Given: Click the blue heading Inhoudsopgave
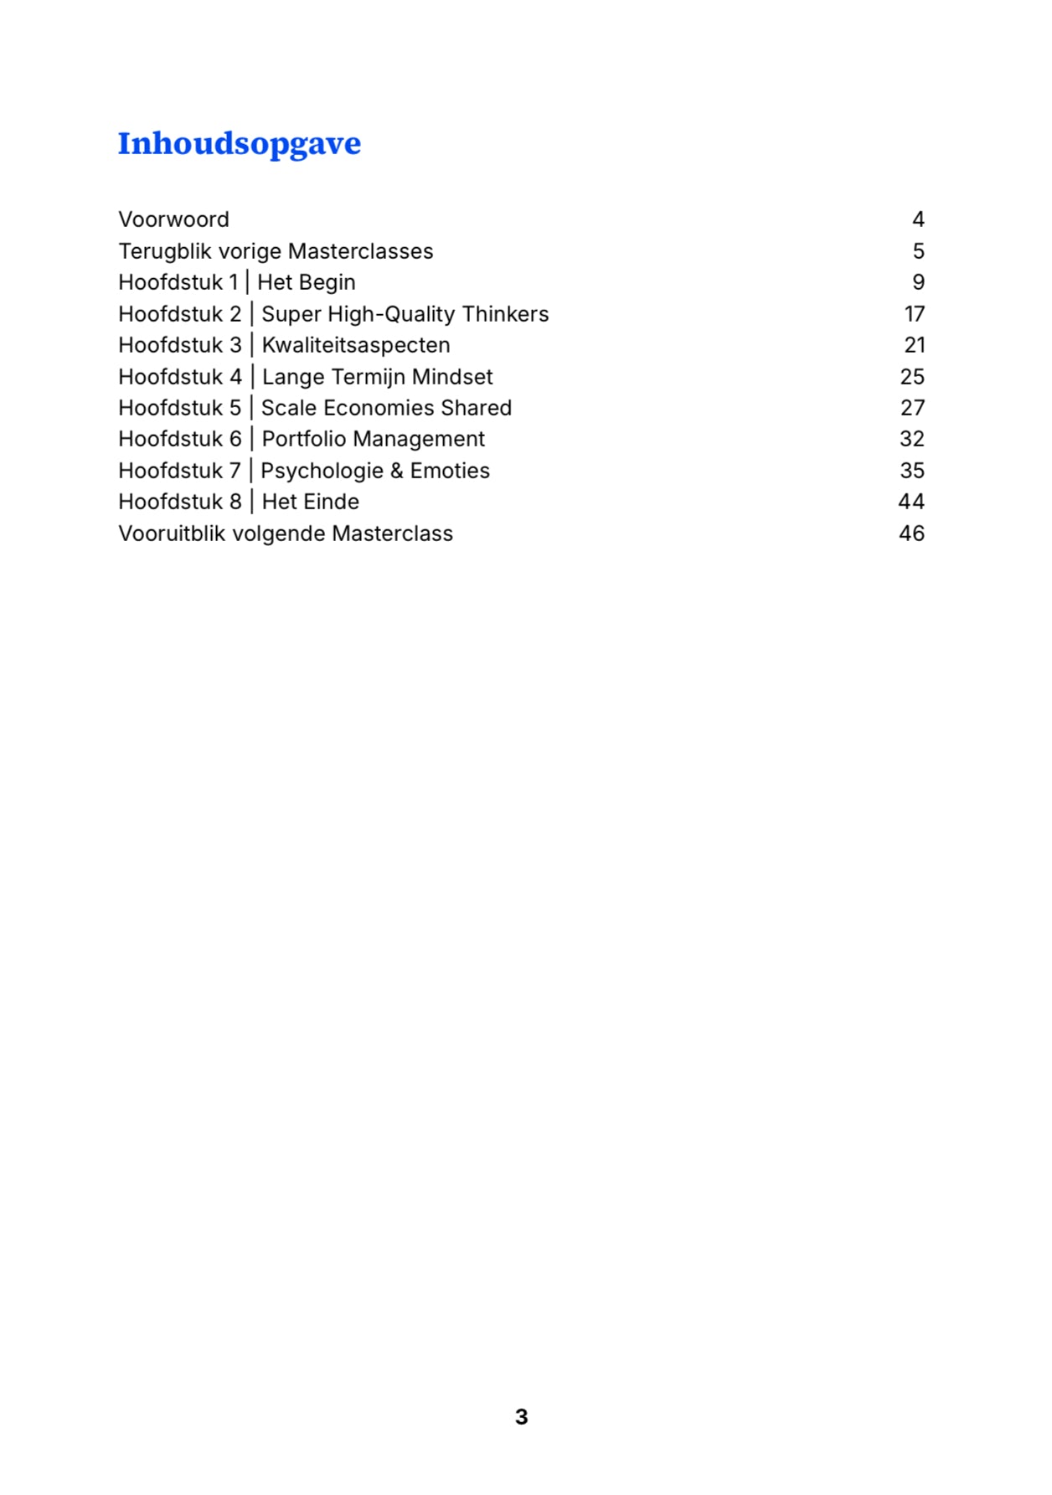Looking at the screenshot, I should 239,144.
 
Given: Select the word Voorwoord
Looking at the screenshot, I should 173,219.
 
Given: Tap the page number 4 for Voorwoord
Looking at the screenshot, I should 918,219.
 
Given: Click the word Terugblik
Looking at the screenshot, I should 165,251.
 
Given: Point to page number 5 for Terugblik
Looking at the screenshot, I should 918,251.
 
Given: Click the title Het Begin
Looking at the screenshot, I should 306,282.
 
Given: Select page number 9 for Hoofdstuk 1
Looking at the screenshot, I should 918,282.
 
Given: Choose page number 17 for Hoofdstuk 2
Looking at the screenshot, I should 914,314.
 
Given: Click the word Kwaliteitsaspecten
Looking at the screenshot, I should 356,345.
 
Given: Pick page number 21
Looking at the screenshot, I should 914,345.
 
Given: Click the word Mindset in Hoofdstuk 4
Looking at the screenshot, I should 452,377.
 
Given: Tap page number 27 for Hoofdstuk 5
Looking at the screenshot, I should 912,408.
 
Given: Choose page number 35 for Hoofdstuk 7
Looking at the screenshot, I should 912,471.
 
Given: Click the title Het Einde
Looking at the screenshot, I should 310,502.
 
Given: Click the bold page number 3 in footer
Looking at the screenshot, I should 521,1416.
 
